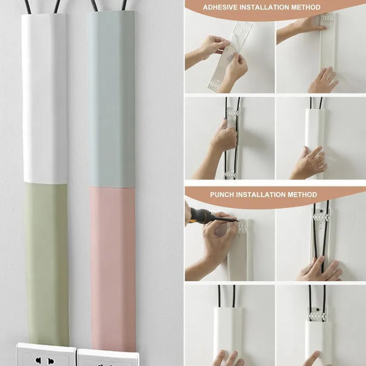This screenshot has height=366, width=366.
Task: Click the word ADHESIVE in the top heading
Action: (221, 8)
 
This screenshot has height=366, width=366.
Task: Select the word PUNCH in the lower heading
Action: (222, 195)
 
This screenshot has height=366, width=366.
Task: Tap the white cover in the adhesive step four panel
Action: (315, 132)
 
